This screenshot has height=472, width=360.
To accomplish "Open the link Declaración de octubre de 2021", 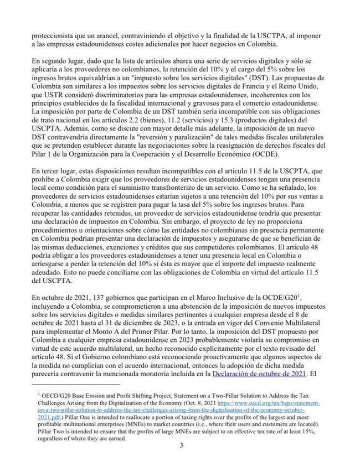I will coord(259,375).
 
